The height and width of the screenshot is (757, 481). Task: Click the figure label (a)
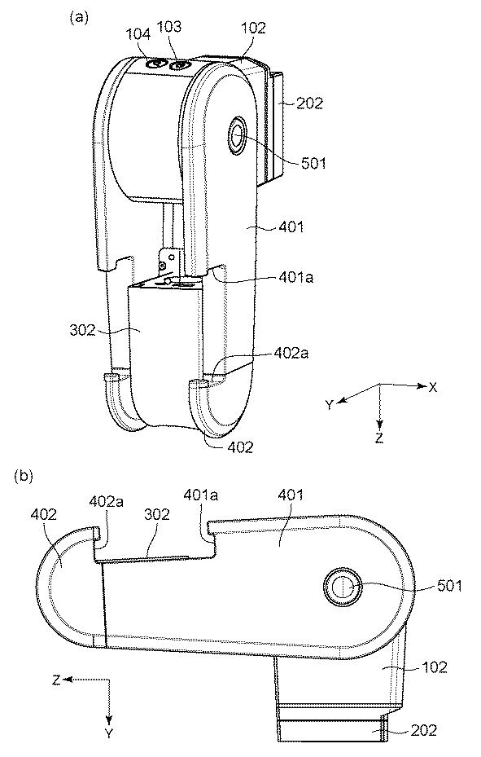[x=79, y=18]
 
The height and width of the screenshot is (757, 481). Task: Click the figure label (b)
[x=24, y=476]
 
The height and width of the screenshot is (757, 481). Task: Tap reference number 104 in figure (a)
[x=139, y=34]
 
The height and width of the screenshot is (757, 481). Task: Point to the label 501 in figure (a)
[x=313, y=163]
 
